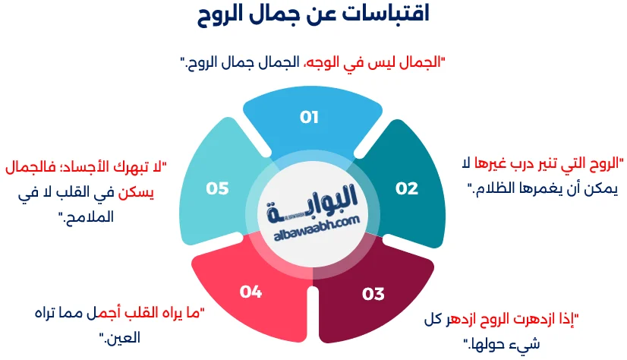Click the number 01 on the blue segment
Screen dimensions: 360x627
click(309, 117)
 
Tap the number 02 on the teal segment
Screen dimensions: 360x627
click(407, 188)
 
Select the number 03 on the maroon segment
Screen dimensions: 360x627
click(373, 294)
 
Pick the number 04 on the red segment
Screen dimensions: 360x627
click(250, 291)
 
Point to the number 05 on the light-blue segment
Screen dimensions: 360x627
click(217, 188)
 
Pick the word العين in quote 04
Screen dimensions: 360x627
click(122, 337)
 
